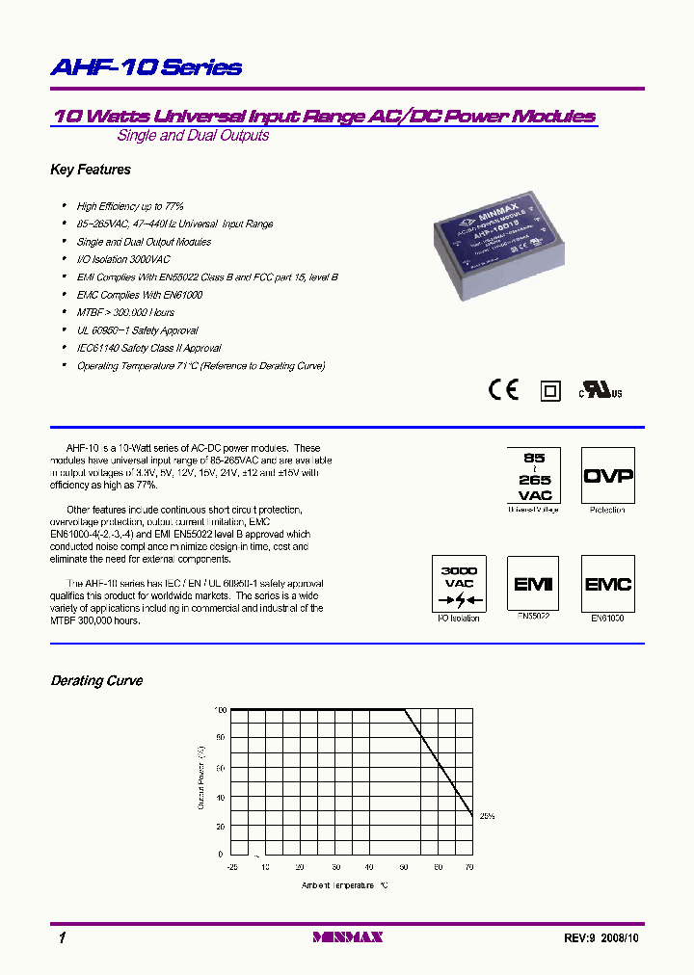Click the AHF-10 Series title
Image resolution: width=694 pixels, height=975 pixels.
click(x=146, y=67)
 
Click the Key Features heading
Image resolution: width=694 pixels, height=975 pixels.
click(x=91, y=170)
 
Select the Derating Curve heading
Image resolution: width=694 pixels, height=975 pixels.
click(x=96, y=680)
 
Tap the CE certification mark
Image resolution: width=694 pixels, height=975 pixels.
click(x=503, y=389)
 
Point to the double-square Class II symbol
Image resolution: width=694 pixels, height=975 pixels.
click(x=550, y=390)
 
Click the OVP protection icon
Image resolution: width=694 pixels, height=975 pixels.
click(x=607, y=475)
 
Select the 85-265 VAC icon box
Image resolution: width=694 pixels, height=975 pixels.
click(x=534, y=474)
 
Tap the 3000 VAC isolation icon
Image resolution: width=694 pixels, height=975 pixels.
click(x=459, y=584)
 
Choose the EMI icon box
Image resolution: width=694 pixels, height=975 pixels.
click(x=533, y=584)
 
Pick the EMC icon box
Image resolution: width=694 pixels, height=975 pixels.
click(x=607, y=584)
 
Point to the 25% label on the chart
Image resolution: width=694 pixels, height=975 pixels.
click(x=486, y=816)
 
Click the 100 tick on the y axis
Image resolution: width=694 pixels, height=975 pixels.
click(x=219, y=710)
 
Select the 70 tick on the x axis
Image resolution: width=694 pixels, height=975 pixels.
click(x=469, y=867)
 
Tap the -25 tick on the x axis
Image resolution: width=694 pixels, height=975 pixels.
click(x=231, y=867)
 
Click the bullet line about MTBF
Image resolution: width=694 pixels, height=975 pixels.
click(x=125, y=313)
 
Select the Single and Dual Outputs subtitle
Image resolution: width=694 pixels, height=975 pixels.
click(x=193, y=136)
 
